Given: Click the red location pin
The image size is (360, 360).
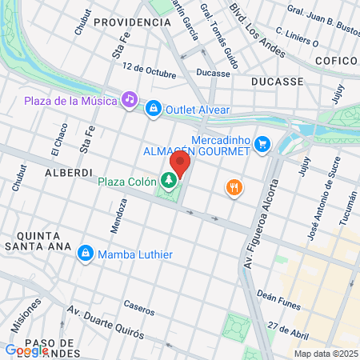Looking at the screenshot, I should pyautogui.click(x=179, y=164).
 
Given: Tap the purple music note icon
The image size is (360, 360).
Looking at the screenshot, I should pyautogui.click(x=128, y=99).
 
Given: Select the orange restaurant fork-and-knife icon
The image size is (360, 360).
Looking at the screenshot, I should pyautogui.click(x=234, y=188).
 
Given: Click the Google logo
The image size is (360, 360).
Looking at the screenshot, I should pyautogui.click(x=26, y=350).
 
